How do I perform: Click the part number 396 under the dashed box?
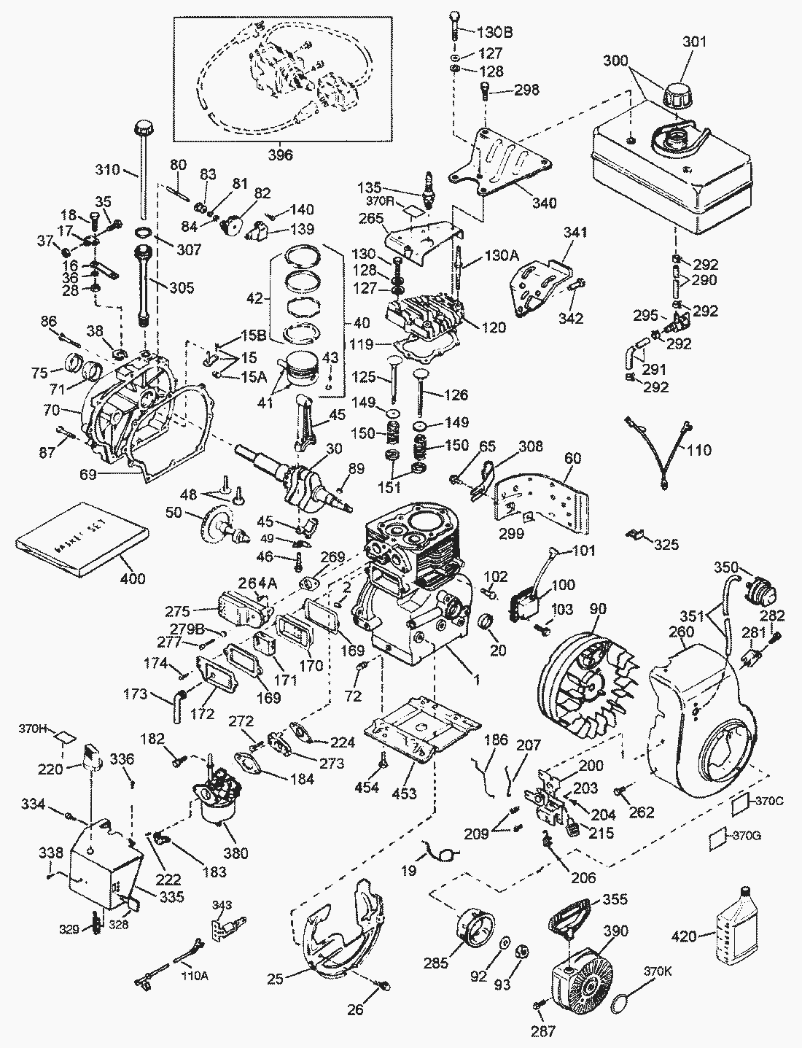(281, 155)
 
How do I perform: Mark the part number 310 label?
(107, 171)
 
